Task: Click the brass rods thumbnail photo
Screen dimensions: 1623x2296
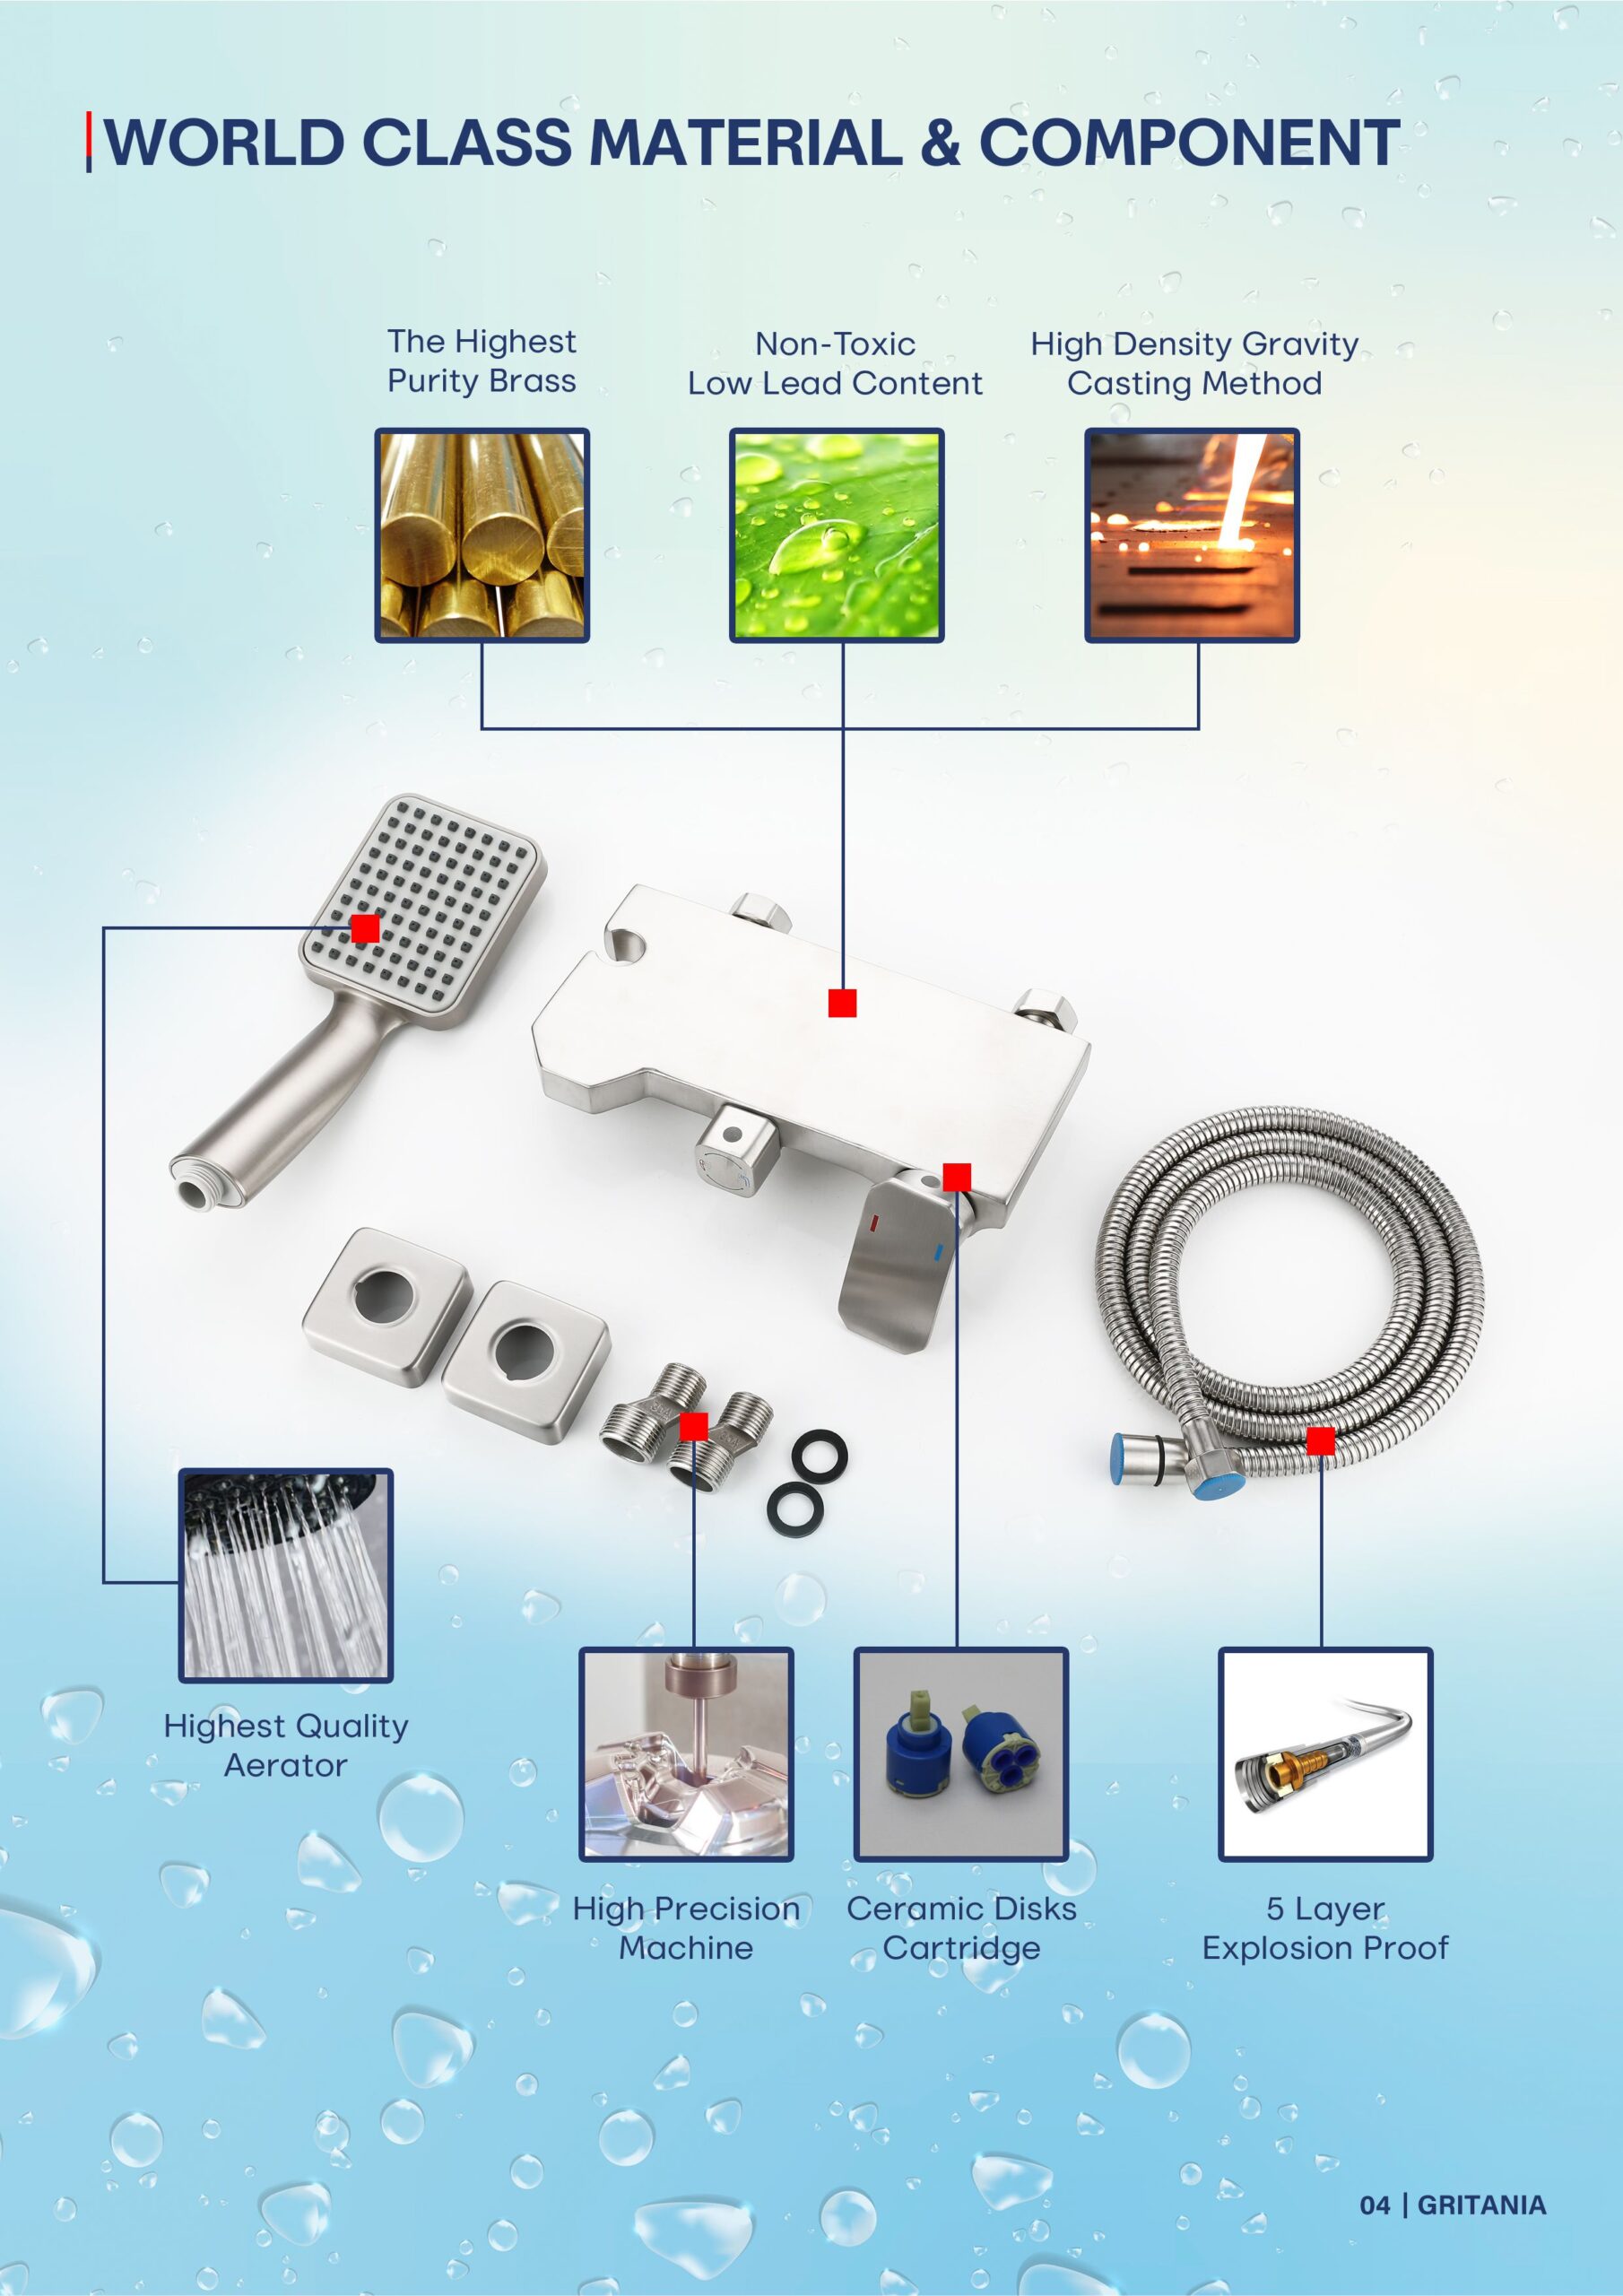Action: (482, 535)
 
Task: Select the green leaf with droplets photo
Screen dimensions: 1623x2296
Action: (836, 535)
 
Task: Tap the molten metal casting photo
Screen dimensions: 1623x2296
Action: (1192, 535)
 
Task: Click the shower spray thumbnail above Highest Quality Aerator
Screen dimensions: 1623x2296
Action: (286, 1576)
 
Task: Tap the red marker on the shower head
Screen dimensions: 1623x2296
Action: (365, 928)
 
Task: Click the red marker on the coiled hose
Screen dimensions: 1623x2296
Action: (1320, 1441)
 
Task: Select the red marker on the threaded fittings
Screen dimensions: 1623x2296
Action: (693, 1426)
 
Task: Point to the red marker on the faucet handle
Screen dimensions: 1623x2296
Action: (957, 1177)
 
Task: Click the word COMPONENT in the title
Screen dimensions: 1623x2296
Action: (1189, 142)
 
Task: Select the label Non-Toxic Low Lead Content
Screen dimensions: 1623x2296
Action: (835, 363)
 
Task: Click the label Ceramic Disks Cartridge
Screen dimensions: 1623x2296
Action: (961, 1928)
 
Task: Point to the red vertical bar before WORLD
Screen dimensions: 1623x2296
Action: (89, 142)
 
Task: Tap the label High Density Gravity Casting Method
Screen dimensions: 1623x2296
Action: (1194, 363)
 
